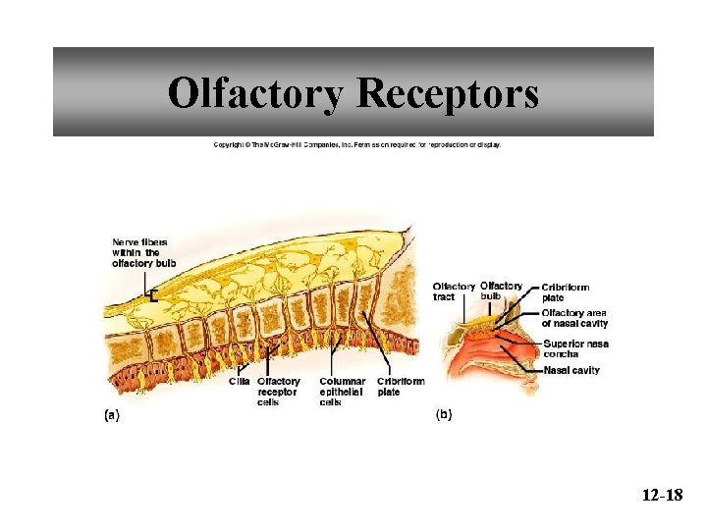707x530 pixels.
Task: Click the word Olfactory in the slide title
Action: pos(255,94)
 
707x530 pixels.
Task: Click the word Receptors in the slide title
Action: pos(447,94)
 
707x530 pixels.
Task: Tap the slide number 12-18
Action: pos(662,496)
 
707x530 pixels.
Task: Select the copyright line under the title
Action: pos(357,144)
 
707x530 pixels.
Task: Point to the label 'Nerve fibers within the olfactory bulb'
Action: pos(143,252)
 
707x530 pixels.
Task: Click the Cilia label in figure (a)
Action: pos(239,381)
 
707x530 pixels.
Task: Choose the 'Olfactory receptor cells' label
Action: pos(279,392)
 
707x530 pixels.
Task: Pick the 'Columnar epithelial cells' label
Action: pos(343,392)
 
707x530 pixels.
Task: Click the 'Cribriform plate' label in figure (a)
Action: pos(401,387)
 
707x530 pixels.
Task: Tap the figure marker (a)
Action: pos(112,415)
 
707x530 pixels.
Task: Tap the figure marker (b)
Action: pos(444,415)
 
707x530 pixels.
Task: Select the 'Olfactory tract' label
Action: pos(454,291)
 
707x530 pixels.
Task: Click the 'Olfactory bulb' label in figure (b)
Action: pos(500,291)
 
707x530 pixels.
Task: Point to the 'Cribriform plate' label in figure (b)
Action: pos(566,292)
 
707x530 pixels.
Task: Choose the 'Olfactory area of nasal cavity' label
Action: pos(574,318)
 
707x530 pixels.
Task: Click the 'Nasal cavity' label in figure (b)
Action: pos(571,370)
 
